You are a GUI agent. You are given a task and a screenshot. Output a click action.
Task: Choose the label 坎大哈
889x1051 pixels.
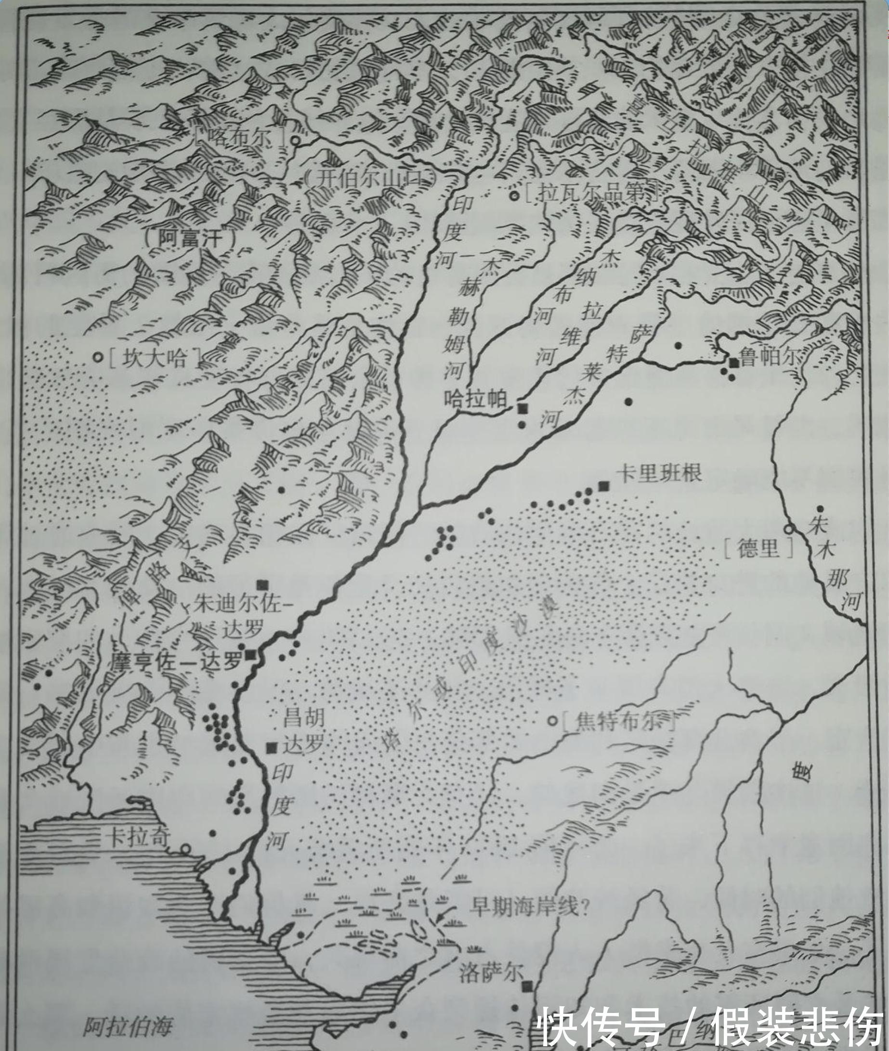point(154,359)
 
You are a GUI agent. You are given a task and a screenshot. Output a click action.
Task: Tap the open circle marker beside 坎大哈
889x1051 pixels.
point(98,357)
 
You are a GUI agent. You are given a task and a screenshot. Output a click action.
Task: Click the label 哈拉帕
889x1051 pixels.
point(475,400)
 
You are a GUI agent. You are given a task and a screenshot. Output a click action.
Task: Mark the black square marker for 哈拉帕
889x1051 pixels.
point(522,408)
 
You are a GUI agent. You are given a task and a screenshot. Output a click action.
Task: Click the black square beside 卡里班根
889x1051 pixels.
point(603,486)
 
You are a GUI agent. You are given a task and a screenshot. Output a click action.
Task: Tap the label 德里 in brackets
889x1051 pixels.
point(758,548)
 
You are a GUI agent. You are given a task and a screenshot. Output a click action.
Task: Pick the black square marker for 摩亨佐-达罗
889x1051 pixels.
point(250,655)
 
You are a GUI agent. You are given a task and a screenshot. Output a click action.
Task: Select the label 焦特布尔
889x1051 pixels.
point(618,722)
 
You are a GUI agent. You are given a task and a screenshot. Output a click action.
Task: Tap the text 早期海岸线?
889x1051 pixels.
point(529,908)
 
